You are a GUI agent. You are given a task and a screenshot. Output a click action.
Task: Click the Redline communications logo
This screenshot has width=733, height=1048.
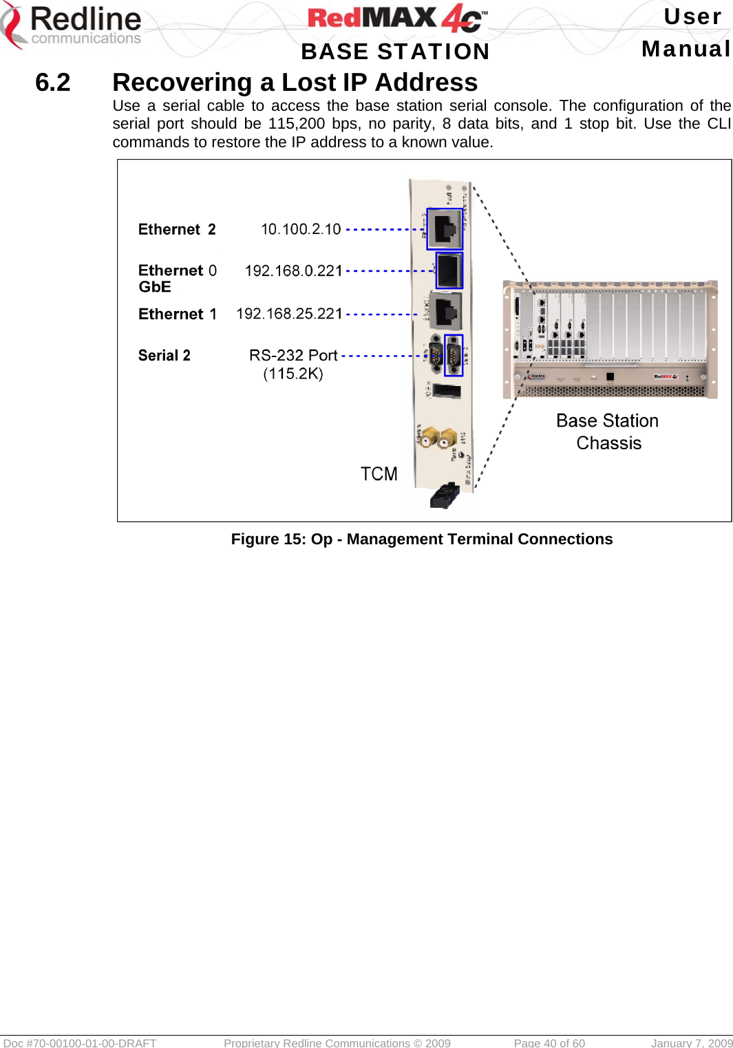tap(72, 26)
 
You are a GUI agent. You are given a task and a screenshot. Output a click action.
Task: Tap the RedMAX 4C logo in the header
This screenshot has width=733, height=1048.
tap(396, 19)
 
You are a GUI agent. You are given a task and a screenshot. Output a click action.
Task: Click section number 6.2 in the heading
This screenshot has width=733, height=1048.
tap(53, 83)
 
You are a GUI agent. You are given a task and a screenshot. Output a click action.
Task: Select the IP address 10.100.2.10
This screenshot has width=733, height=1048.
tap(301, 229)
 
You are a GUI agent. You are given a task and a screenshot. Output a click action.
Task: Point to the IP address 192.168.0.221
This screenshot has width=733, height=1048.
tap(293, 271)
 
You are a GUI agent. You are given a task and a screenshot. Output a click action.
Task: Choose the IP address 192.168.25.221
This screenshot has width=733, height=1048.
tap(289, 314)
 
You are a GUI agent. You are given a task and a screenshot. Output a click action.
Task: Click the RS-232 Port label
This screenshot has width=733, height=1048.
tap(293, 355)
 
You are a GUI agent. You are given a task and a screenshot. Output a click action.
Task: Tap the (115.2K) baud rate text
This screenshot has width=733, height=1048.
tap(293, 374)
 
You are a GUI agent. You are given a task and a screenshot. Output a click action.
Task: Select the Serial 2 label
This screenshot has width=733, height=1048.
tap(164, 355)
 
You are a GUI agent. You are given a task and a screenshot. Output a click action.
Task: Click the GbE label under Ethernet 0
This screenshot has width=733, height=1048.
tap(155, 287)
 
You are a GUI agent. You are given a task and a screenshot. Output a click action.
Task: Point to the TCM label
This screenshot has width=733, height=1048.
tap(379, 474)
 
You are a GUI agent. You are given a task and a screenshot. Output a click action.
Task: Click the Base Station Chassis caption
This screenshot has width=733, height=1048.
tap(608, 431)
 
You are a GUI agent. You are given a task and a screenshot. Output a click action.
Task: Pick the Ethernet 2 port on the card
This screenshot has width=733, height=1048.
tap(445, 229)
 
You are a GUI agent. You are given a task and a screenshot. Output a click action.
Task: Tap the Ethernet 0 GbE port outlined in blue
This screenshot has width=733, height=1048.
tap(449, 270)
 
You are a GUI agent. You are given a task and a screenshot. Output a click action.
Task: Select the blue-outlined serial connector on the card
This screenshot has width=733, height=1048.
tap(454, 355)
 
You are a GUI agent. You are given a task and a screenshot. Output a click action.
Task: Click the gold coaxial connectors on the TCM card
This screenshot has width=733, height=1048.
tap(437, 437)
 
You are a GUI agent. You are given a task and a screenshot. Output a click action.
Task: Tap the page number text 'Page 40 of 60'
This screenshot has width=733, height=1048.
tap(549, 1042)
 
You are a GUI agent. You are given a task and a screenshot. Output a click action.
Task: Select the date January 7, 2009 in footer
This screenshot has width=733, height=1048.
tap(691, 1042)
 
